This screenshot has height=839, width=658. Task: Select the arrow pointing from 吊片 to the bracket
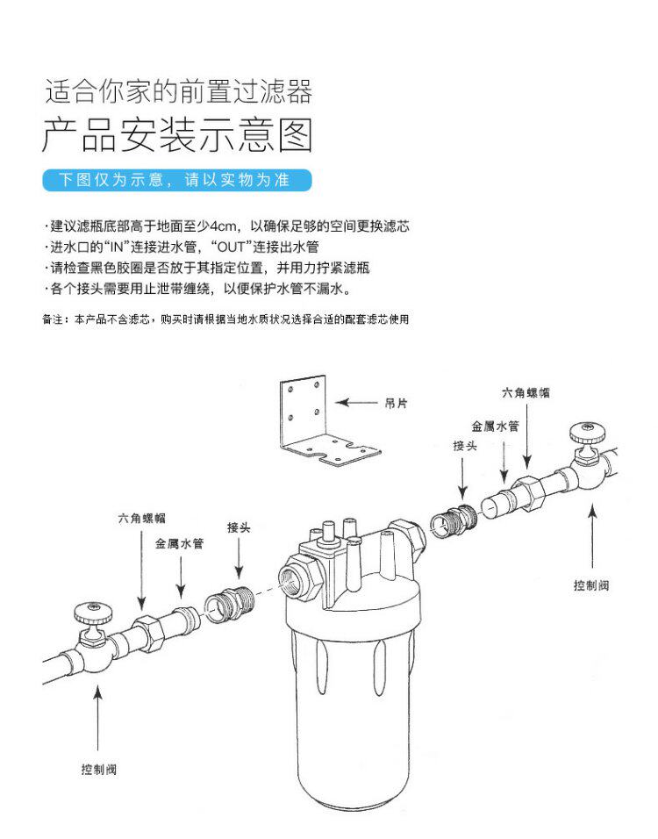[x=357, y=403]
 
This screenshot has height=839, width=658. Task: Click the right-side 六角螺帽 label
[x=526, y=392]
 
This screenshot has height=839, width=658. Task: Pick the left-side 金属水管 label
[x=180, y=544]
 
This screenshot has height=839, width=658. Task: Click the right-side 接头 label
[x=465, y=447]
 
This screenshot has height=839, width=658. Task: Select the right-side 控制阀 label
[x=590, y=585]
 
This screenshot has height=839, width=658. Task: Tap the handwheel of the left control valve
[x=90, y=609]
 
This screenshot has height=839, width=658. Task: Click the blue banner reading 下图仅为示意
[x=178, y=181]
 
